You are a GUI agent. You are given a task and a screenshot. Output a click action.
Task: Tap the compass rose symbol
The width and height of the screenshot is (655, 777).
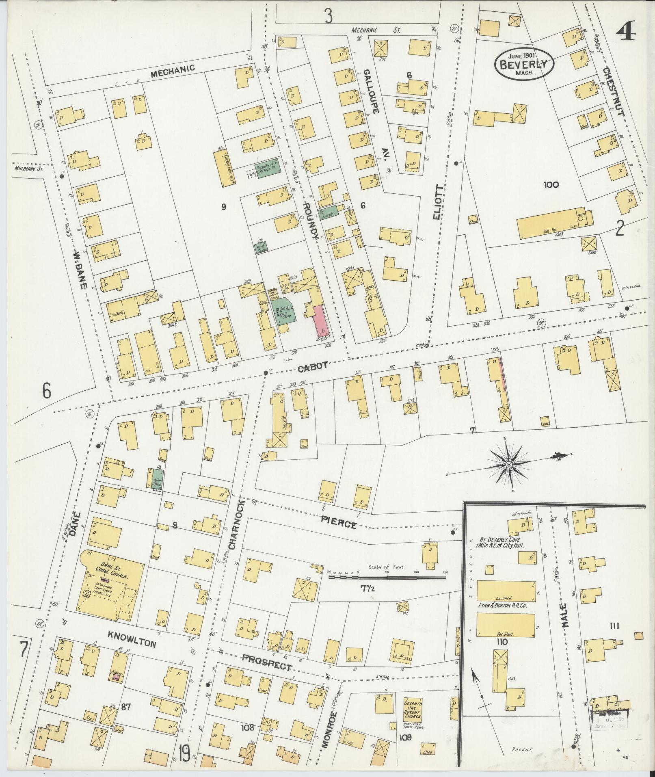click(x=508, y=464)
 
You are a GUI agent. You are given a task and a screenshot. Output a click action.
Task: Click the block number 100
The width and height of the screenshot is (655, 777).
click(x=551, y=185)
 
